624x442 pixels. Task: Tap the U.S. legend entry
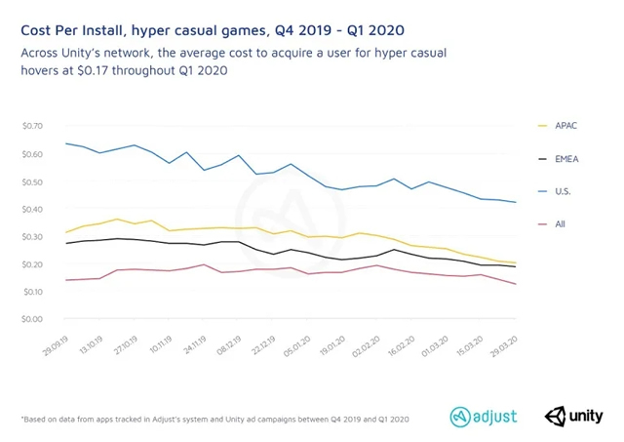tap(563, 192)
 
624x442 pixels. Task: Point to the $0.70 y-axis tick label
tap(33, 127)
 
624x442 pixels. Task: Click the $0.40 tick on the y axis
tap(33, 209)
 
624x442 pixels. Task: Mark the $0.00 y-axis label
tap(33, 319)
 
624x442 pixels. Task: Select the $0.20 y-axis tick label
tap(33, 264)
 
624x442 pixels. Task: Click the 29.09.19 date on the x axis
tap(53, 344)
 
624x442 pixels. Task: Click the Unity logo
tap(574, 417)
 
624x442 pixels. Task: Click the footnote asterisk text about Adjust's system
tap(214, 419)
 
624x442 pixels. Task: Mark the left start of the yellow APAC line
tap(65, 232)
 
